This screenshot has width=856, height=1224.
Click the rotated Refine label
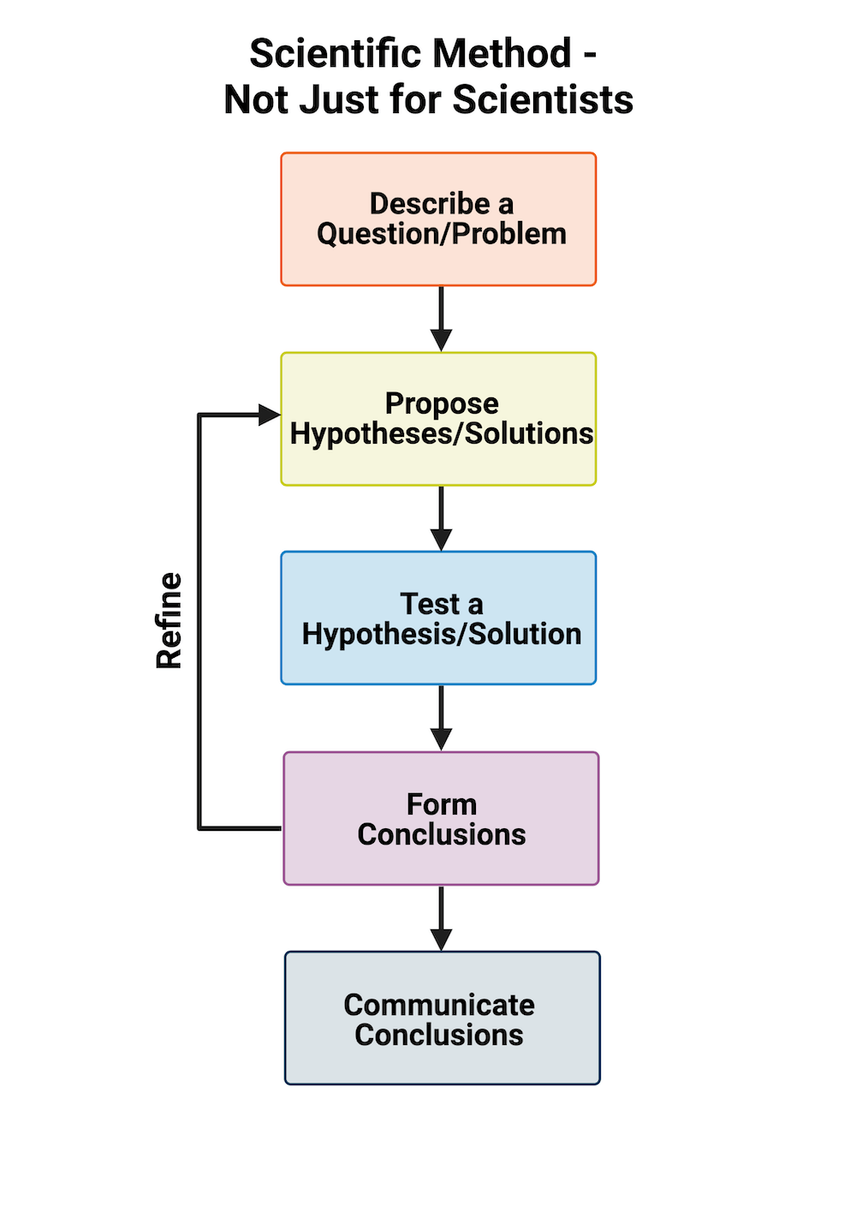(169, 620)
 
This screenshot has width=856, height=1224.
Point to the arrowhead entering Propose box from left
(270, 415)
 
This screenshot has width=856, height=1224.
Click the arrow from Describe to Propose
(441, 318)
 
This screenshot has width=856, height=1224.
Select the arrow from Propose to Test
(441, 517)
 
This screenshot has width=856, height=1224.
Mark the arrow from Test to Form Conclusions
(441, 717)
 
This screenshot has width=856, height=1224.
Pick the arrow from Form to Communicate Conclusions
(441, 917)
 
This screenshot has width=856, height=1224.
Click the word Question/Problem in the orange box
(442, 234)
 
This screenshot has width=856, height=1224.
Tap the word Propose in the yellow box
(442, 403)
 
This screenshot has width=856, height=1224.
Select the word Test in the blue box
(430, 604)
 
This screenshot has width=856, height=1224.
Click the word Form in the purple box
(442, 804)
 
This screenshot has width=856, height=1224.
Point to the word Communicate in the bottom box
(439, 1005)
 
